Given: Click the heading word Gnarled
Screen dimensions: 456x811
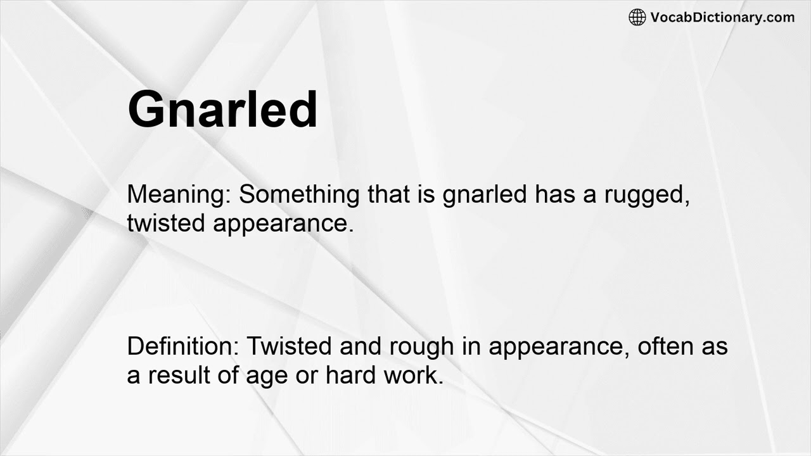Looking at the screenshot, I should tap(222, 109).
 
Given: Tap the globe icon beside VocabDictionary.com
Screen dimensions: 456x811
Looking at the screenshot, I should tap(637, 18).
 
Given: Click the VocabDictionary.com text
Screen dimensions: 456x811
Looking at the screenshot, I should tap(722, 18).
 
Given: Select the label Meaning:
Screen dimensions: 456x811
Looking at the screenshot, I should tap(179, 194).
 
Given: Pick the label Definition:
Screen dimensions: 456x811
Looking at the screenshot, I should tap(183, 346).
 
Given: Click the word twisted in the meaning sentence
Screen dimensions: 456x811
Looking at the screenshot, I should tap(165, 224).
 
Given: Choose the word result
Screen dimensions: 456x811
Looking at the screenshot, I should tap(176, 376).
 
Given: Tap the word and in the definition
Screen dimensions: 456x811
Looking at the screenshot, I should tap(360, 346).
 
